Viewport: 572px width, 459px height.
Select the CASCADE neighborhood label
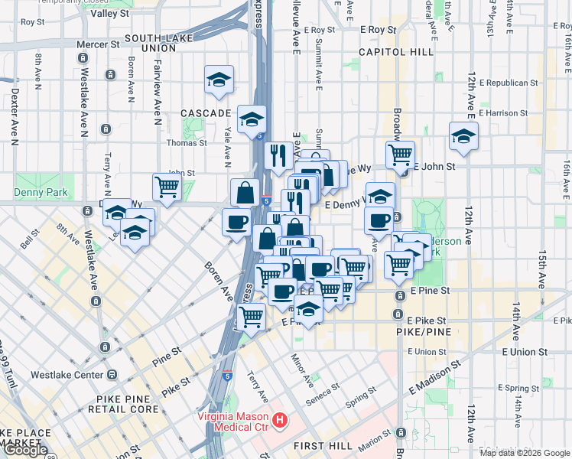tap(206, 113)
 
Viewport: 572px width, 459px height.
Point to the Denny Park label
tap(41, 193)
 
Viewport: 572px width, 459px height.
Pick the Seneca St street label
tap(325, 390)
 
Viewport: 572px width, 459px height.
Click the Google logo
tap(24, 450)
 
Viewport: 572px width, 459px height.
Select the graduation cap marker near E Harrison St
tap(463, 136)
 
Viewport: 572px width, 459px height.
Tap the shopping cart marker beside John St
tap(167, 186)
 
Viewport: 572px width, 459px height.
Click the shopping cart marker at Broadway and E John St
tap(400, 155)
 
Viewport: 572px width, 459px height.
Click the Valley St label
tap(110, 14)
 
